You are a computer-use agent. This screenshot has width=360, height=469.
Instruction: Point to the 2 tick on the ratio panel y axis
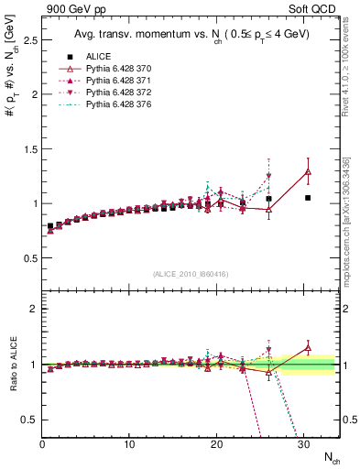(x=33, y=309)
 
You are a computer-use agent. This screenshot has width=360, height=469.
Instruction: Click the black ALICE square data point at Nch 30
(x=308, y=198)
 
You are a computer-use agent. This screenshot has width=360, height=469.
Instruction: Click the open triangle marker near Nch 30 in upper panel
(x=308, y=171)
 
